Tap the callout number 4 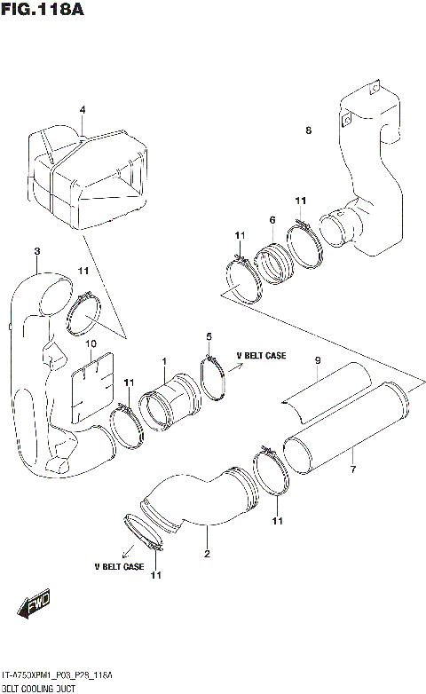(82, 111)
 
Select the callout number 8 (308, 130)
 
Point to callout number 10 (90, 343)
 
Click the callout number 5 (209, 336)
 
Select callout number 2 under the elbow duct (206, 556)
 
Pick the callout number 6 (272, 219)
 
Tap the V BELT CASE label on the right (261, 356)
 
